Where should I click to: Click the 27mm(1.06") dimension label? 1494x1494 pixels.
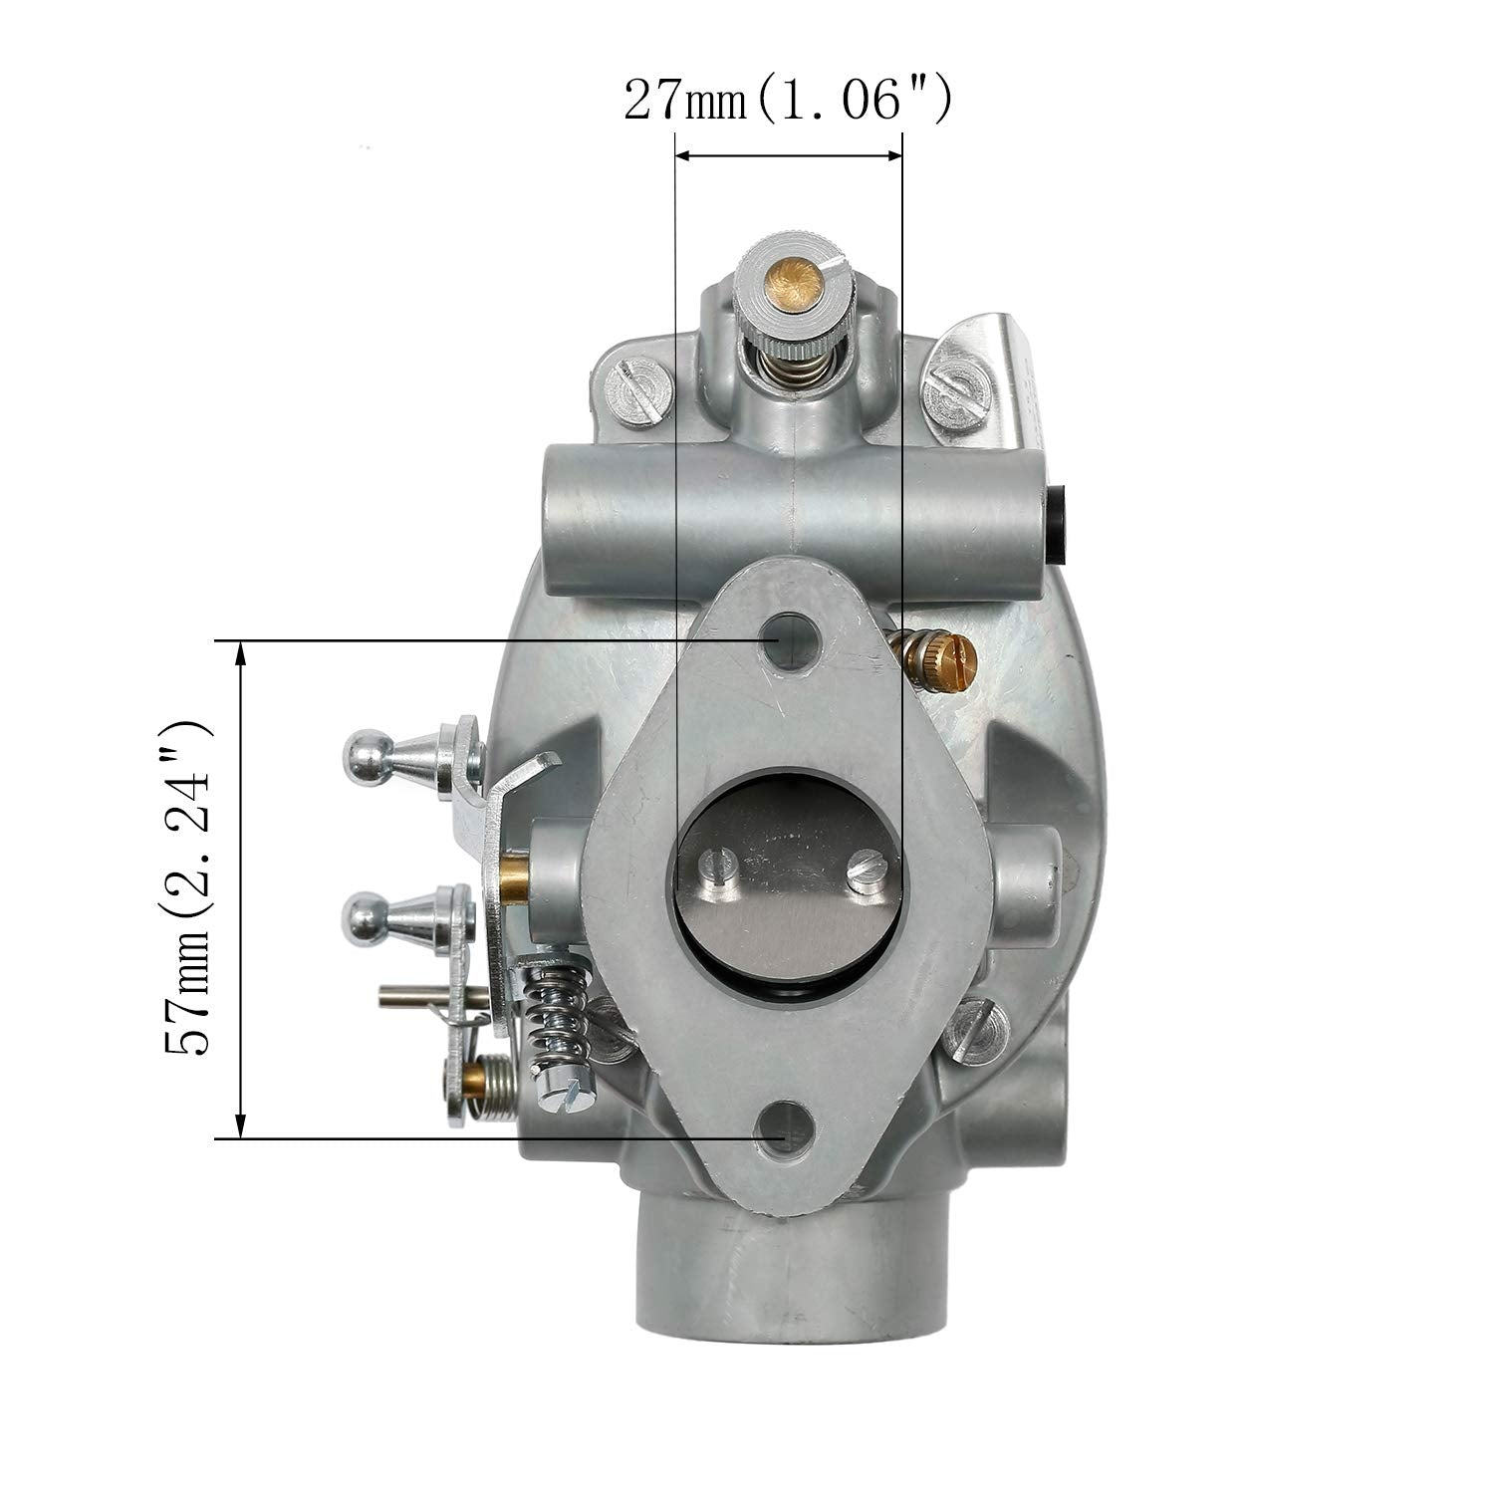point(788,101)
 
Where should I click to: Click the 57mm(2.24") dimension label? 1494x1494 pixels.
point(188,888)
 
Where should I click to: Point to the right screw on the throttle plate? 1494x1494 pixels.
point(863,873)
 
